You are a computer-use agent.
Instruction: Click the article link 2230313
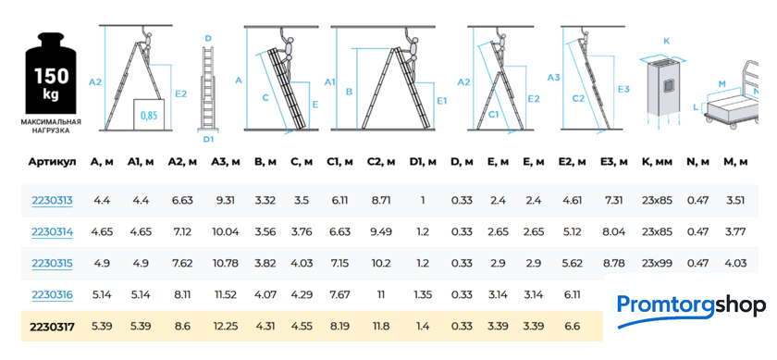[52, 201]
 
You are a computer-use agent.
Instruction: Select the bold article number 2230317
[53, 327]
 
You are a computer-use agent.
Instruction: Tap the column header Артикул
[52, 162]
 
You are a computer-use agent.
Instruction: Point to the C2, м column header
[381, 162]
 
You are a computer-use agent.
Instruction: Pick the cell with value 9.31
[226, 201]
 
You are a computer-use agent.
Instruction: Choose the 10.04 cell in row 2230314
[226, 232]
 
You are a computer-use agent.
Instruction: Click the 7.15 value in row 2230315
[340, 263]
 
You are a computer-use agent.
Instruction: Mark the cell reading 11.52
[226, 295]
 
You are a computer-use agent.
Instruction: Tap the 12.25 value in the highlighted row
[226, 327]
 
